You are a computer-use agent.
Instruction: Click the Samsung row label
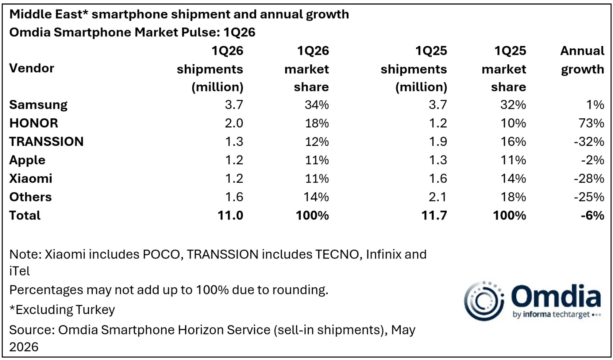coord(38,105)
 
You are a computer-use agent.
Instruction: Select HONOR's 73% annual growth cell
coord(592,123)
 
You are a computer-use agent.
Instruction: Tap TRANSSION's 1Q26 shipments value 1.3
coord(234,142)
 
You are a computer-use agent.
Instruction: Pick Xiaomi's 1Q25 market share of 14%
coord(513,178)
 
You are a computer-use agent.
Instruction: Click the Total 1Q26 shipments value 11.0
coord(230,216)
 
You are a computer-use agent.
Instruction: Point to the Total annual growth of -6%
coord(592,216)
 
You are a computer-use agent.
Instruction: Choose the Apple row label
coord(27,160)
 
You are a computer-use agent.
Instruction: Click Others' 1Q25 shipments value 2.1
coord(438,197)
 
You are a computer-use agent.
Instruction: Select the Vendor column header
coord(32,68)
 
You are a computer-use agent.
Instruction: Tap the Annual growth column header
coord(582,60)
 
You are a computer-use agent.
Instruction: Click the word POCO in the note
coord(161,254)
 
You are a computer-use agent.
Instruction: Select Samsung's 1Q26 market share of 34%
coord(317,105)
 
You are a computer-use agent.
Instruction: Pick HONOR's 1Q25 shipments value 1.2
coord(438,123)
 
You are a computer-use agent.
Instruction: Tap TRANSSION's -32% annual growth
coord(589,142)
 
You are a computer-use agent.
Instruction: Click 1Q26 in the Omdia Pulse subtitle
coord(239,32)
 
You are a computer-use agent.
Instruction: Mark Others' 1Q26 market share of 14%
coord(316,197)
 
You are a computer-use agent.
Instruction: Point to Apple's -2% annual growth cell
coord(592,160)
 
